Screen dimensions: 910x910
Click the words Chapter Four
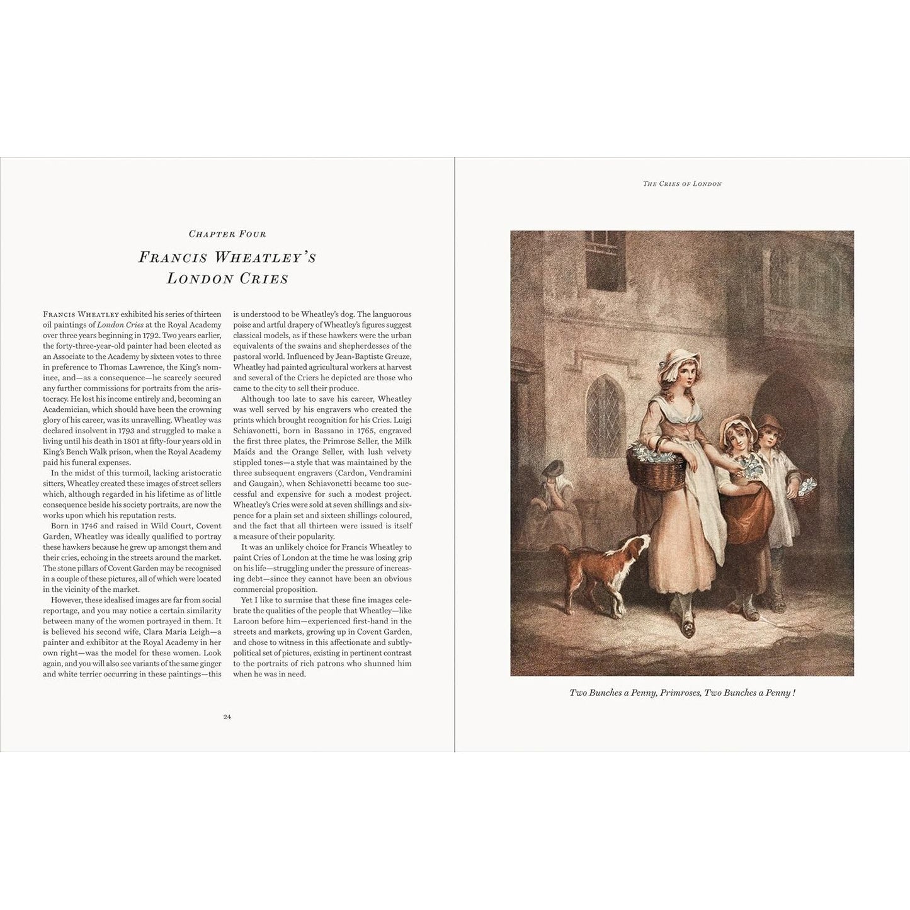(x=227, y=234)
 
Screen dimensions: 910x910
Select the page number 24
(x=227, y=717)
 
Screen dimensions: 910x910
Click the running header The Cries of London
(x=682, y=184)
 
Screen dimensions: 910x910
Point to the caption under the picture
(x=682, y=693)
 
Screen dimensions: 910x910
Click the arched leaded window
(x=602, y=403)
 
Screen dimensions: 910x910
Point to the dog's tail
(x=558, y=551)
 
